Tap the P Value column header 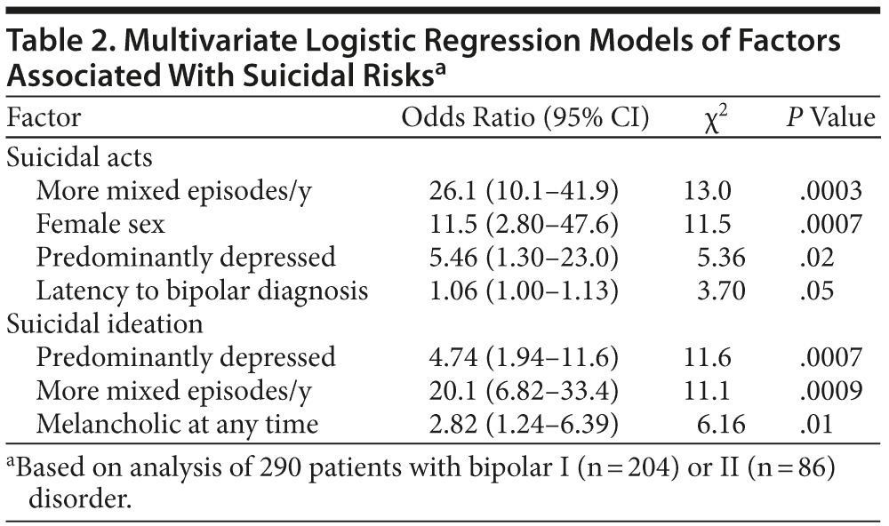point(830,118)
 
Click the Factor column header point(44,118)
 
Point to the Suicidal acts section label point(80,157)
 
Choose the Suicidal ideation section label point(105,324)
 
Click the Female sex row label point(100,224)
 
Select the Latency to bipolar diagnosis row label point(202,291)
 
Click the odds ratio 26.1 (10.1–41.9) point(524,191)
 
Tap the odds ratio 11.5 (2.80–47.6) point(524,224)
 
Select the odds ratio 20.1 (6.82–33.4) point(524,391)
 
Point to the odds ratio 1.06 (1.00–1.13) point(524,291)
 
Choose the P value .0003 point(830,191)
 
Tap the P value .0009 point(830,391)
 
